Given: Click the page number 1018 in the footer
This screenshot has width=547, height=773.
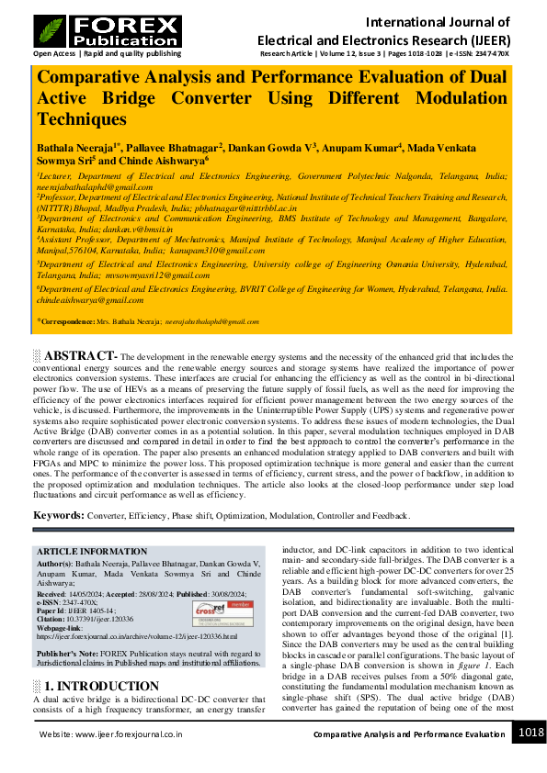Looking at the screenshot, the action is pos(530,733).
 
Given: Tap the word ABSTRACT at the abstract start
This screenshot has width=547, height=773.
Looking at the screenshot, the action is pos(82,355).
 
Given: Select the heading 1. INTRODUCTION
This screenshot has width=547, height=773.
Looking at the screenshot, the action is pos(102,686).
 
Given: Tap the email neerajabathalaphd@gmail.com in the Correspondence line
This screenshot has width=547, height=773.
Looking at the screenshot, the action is pos(211,322).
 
